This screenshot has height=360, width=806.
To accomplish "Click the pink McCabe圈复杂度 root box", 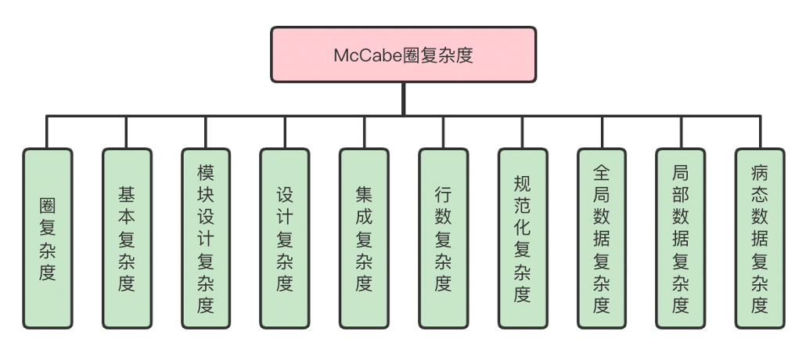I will tap(403, 55).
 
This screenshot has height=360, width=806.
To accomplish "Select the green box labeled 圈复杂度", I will tap(48, 238).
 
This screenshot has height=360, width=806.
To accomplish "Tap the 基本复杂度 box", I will tap(127, 238).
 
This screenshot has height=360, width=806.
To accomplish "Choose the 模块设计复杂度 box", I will tap(206, 238).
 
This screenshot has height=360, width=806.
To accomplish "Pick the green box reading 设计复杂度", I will tap(285, 238).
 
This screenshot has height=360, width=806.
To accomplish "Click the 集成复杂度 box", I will tap(364, 238).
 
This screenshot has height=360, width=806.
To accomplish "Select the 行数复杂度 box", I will tap(443, 238).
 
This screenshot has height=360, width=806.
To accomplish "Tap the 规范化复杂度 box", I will tap(522, 238).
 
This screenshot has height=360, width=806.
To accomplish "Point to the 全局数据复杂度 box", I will tap(601, 238).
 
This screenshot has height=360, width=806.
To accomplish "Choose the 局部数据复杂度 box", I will tap(680, 238).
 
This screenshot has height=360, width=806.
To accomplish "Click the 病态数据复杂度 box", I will tap(759, 238).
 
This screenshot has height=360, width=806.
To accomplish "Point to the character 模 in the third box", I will tap(206, 171).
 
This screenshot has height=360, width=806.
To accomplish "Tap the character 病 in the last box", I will tap(759, 171).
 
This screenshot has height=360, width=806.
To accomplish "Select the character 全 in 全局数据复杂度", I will tap(601, 171).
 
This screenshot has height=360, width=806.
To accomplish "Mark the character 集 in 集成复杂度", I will tap(364, 193).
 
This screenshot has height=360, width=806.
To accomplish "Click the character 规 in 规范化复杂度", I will tap(522, 183).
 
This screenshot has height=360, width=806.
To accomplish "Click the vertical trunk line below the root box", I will tap(403, 99).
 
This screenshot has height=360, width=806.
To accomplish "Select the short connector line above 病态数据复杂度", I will tap(759, 132).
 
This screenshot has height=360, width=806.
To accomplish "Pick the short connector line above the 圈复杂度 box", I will tap(48, 132).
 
